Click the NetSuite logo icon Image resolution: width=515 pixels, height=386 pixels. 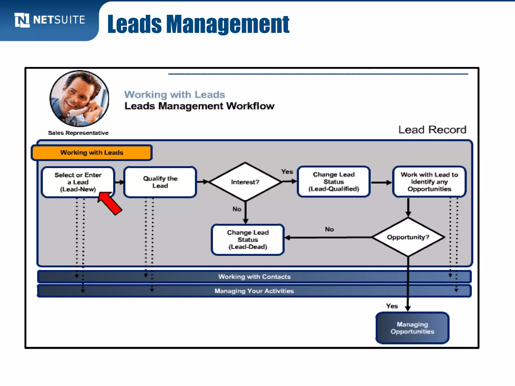point(22,20)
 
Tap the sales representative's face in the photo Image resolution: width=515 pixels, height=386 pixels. point(75,94)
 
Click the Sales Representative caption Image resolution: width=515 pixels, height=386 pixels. point(78,133)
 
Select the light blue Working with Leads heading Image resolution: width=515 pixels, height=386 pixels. point(175,95)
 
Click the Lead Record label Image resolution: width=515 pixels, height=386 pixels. point(432,130)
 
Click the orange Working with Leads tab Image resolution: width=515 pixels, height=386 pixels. point(92,153)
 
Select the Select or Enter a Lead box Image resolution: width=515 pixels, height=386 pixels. point(78,182)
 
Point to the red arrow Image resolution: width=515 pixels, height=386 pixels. point(110,203)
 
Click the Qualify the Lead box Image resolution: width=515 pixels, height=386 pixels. point(160,182)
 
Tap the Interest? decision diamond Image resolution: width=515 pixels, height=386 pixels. point(245,182)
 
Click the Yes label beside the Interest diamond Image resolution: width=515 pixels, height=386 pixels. point(287,172)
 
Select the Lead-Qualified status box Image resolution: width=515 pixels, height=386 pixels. point(334,182)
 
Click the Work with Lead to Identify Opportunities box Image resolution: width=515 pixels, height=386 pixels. point(429,182)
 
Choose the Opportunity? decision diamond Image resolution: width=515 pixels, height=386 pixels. point(408,237)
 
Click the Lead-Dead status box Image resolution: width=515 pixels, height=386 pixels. point(248,240)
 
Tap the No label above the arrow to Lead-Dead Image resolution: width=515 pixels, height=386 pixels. point(329,229)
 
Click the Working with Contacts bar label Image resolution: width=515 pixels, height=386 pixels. point(254,277)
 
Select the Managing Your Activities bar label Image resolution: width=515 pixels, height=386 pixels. point(254,291)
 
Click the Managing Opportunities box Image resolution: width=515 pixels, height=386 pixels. point(412,328)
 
